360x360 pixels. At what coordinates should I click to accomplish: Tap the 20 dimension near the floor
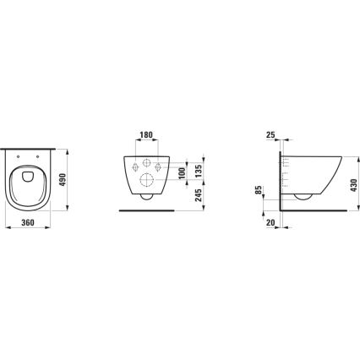coord(271,226)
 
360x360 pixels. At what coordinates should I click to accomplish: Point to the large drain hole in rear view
coord(145,178)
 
